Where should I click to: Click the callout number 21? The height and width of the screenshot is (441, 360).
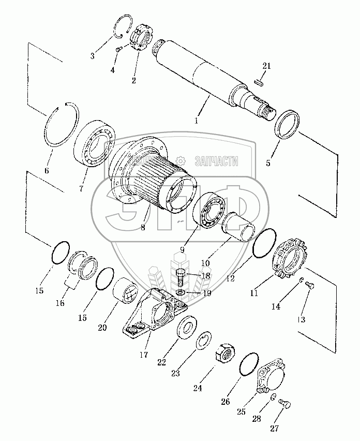pos(266,66)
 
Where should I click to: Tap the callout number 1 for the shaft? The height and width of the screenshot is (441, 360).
pos(197,121)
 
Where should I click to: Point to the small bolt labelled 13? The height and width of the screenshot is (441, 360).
pos(311,284)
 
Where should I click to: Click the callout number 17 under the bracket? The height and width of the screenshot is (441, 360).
pos(143,355)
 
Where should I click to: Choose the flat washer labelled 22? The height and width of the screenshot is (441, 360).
pos(185,330)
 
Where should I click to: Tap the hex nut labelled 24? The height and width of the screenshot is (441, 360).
pos(226,356)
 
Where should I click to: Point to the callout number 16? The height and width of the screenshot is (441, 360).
pos(60,303)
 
